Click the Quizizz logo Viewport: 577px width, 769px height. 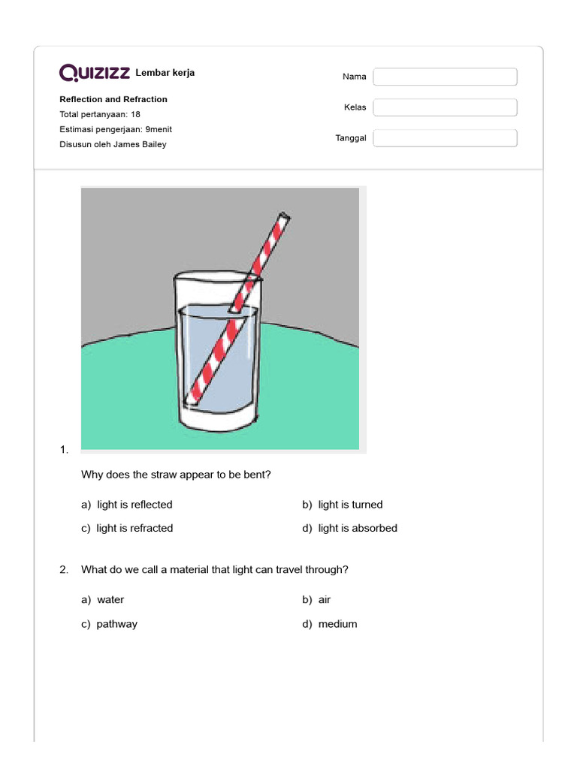coord(95,73)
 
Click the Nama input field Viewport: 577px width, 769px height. coord(445,77)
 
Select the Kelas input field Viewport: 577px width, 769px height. coord(445,107)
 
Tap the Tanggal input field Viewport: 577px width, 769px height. coord(445,138)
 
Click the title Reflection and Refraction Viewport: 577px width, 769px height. coord(113,99)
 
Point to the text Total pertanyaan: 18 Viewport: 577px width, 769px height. coord(100,114)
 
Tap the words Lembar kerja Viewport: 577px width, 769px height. coord(165,73)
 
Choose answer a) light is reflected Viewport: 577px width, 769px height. coord(127,505)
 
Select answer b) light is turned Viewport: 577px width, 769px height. coord(343,505)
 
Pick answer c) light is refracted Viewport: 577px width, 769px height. coord(127,528)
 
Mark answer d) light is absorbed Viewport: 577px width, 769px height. coord(350,528)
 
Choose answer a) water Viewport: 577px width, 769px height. coord(103,599)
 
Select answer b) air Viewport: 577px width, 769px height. coord(317,599)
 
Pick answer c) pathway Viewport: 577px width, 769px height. coord(110,623)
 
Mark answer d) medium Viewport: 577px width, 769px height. coord(330,623)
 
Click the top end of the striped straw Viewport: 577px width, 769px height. coord(283,219)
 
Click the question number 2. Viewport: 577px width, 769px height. coord(64,569)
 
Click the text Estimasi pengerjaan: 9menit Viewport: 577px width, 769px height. coord(116,129)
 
